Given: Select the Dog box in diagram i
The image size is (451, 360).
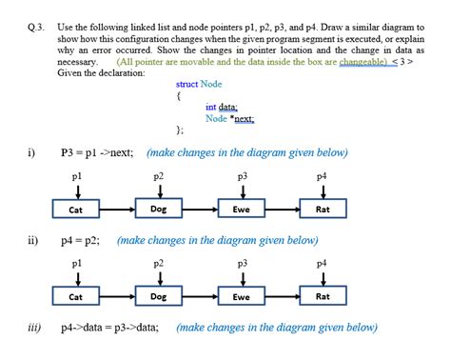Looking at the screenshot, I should coord(160,208).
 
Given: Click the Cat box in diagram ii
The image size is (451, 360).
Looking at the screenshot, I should coord(75,297).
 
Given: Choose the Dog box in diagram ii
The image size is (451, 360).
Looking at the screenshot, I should coord(160,296).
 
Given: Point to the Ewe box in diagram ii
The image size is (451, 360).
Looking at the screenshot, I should coord(242,297).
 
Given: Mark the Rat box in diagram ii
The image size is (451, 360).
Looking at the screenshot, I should coord(324,297).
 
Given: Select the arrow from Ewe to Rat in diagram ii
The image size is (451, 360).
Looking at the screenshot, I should coord(283,297).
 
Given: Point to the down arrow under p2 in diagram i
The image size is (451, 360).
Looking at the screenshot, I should coord(160,191).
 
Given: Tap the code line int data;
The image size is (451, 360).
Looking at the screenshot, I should coord(221,108).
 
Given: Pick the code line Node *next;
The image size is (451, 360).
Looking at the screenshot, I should coord(229,119).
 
